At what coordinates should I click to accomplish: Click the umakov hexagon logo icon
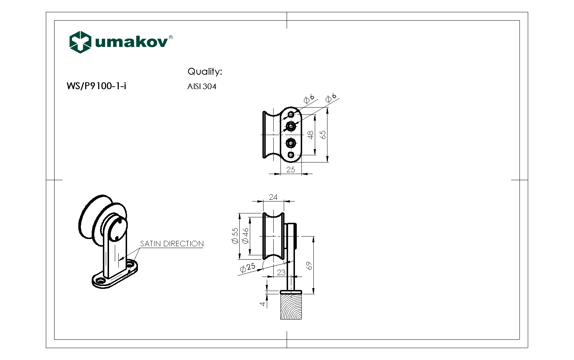[80, 42]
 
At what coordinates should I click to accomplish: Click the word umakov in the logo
[132, 42]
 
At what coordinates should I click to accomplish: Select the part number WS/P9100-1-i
[96, 86]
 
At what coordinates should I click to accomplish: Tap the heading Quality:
[204, 71]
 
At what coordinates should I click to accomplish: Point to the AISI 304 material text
[201, 87]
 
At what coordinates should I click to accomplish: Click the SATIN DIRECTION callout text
[172, 244]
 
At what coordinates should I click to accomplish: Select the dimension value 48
[310, 135]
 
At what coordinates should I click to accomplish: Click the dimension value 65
[323, 135]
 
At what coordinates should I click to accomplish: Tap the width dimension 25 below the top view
[291, 169]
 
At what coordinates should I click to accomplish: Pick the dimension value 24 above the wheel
[273, 197]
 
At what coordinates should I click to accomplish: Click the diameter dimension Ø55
[235, 236]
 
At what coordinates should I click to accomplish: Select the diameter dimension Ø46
[246, 236]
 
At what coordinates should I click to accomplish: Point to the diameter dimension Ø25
[248, 268]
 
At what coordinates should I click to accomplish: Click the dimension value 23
[281, 272]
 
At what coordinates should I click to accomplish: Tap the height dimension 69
[309, 266]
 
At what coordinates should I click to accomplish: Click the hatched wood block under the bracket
[291, 307]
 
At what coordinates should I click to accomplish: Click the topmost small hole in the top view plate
[291, 115]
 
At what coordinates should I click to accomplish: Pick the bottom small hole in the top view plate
[291, 155]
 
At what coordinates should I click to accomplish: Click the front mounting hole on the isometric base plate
[100, 281]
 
